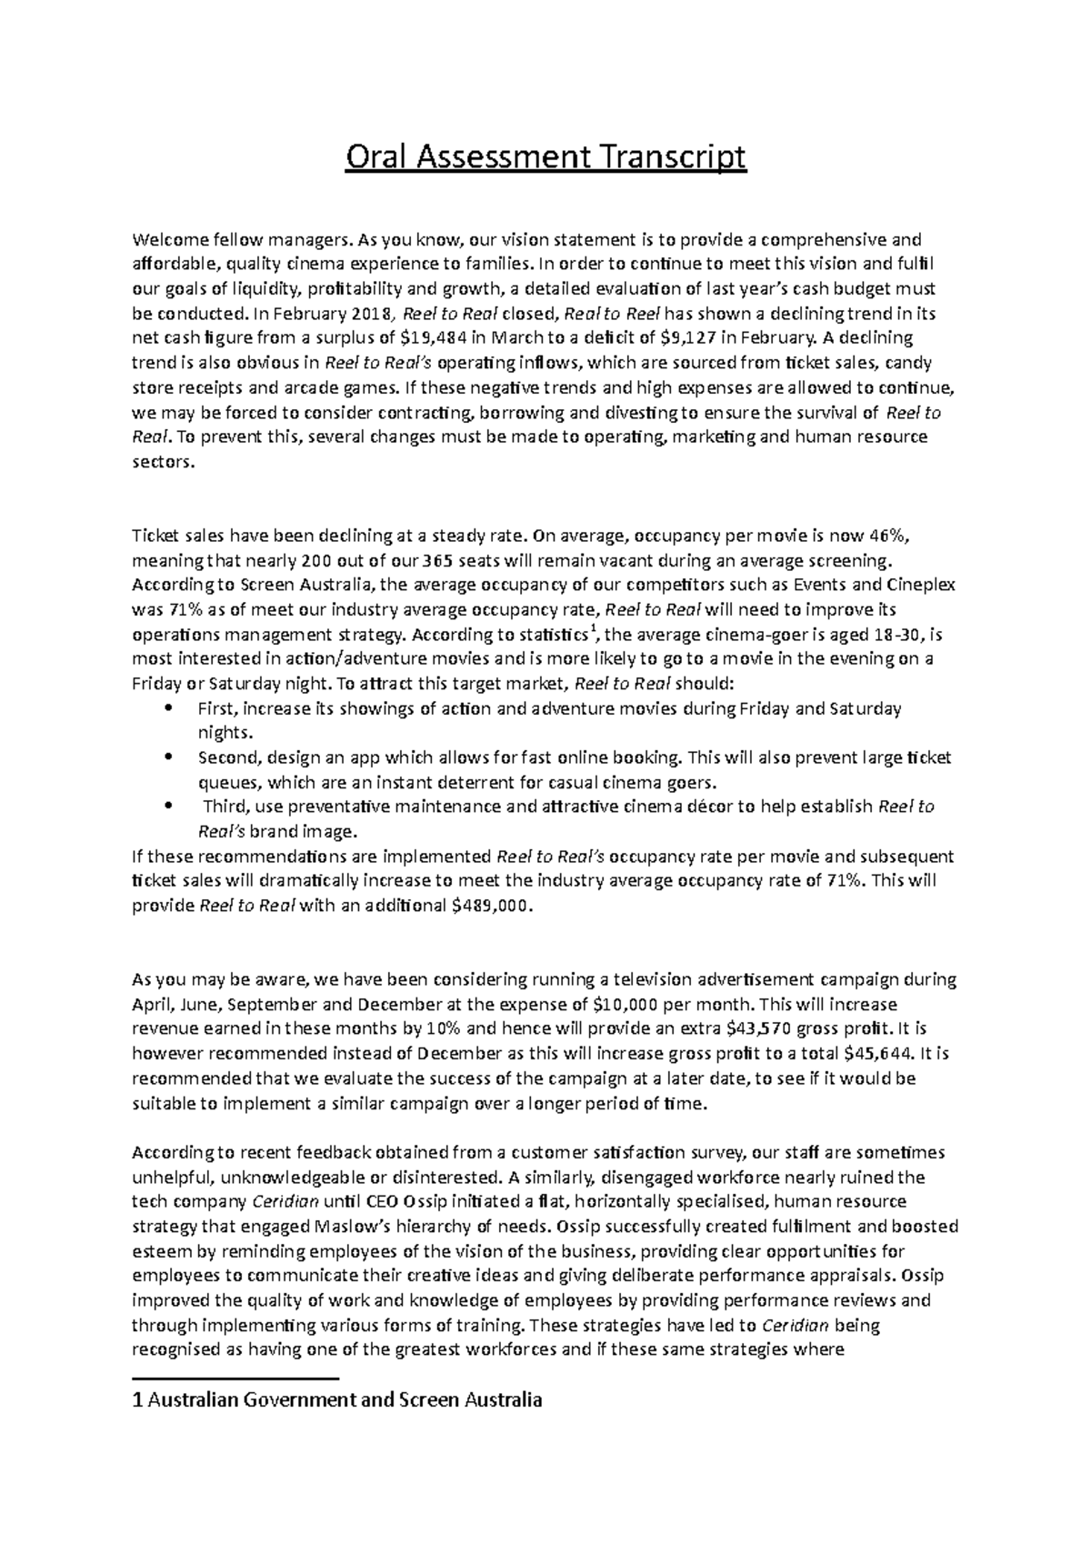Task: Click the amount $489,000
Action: tap(488, 906)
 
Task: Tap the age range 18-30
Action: tap(882, 634)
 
